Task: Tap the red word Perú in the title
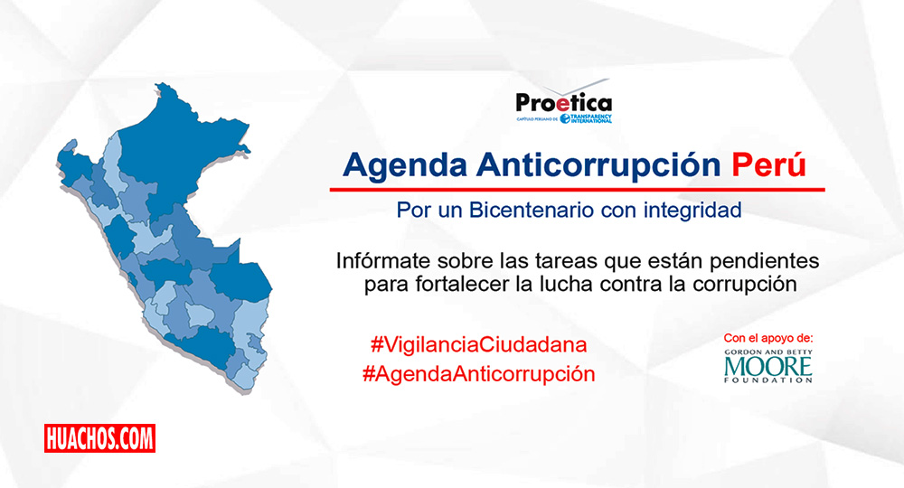pyautogui.click(x=769, y=164)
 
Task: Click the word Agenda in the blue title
pyautogui.click(x=405, y=166)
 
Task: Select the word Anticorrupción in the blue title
pyautogui.click(x=598, y=166)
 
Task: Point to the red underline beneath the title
pyautogui.click(x=577, y=189)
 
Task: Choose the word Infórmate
pyautogui.click(x=383, y=261)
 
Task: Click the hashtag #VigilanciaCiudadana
pyautogui.click(x=478, y=345)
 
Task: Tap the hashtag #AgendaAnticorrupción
pyautogui.click(x=478, y=374)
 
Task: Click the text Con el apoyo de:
pyautogui.click(x=767, y=338)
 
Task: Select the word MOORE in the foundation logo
pyautogui.click(x=767, y=366)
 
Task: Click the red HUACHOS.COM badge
pyautogui.click(x=99, y=438)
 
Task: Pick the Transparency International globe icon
pyautogui.click(x=565, y=118)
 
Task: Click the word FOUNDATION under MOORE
pyautogui.click(x=767, y=380)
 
